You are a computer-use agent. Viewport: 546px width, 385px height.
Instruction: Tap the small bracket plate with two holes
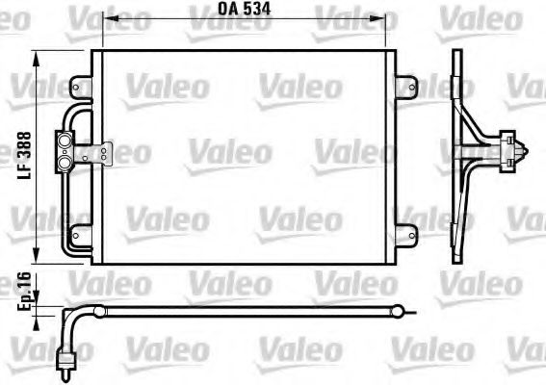tap(99, 152)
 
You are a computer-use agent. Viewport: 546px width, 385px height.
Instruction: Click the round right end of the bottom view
tap(397, 310)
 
